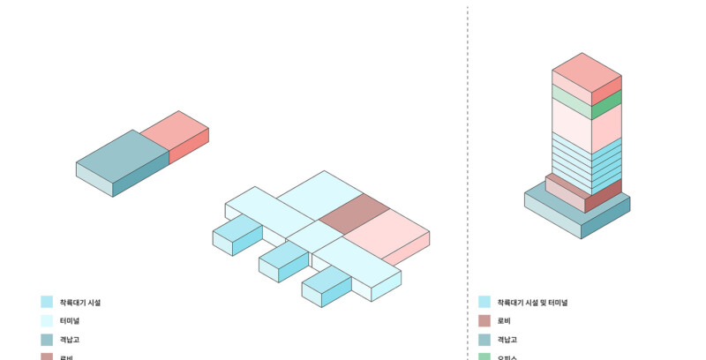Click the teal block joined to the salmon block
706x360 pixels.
[122, 158]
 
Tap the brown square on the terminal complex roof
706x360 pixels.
[354, 214]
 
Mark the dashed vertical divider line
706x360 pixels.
[468, 176]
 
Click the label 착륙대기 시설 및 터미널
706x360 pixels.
[532, 302]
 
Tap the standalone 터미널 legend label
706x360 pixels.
[70, 320]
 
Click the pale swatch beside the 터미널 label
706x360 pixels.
[47, 320]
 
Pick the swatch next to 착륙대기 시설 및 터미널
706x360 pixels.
[484, 302]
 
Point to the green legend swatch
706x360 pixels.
[484, 356]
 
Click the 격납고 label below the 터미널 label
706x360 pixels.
[70, 339]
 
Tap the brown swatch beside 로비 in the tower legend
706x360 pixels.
[484, 320]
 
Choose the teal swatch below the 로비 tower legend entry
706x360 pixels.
[484, 339]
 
